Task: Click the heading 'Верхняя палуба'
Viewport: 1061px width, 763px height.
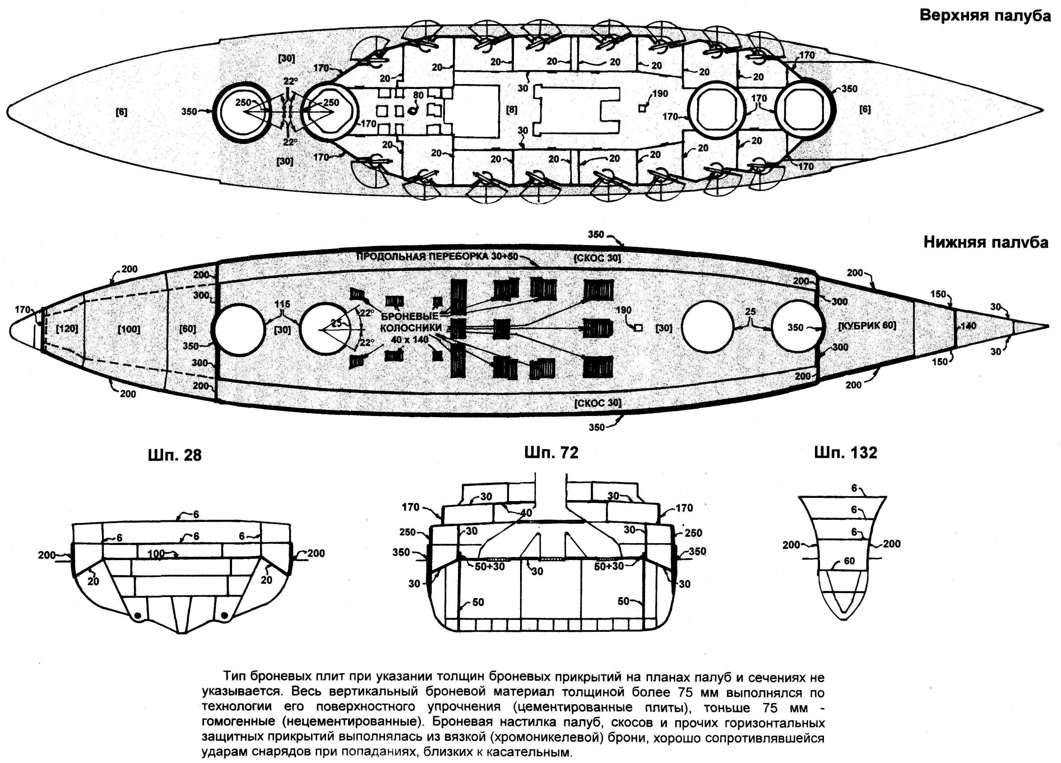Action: tap(985, 15)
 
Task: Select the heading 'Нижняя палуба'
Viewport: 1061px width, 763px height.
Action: tap(985, 242)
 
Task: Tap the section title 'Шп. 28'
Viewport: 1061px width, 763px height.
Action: tap(175, 455)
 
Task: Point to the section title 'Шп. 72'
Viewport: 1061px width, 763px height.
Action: tap(551, 452)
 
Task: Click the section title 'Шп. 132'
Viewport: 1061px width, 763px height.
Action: tap(845, 452)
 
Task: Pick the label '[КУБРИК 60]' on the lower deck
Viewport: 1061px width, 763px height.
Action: tap(867, 325)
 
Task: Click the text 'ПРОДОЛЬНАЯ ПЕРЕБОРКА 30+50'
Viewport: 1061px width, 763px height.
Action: tap(437, 256)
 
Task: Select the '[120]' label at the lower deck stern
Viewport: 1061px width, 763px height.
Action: tap(66, 328)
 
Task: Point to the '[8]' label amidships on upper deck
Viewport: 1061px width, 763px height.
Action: tap(512, 110)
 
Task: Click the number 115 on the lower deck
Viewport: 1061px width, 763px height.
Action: tap(282, 304)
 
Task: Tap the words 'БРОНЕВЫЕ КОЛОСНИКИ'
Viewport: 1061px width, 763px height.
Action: tap(410, 322)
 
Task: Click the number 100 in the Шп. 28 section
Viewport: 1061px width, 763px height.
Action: tap(156, 554)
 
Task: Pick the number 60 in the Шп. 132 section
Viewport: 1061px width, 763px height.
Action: tap(849, 561)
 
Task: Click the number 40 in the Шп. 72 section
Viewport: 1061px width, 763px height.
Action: tap(526, 513)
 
